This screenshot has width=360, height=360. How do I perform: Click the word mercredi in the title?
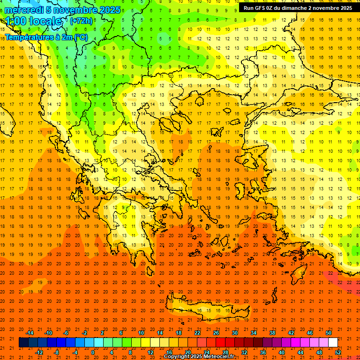[24, 10]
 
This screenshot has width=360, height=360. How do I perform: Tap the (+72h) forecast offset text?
[81, 21]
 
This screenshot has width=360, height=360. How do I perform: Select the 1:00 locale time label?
[34, 21]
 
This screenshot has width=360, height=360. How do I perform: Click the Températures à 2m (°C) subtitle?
[46, 37]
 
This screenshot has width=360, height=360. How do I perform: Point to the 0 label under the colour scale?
[93, 352]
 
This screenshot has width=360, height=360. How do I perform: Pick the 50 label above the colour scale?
[328, 333]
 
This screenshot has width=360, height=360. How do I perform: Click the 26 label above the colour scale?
[216, 333]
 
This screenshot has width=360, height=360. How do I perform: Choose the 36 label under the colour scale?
[263, 352]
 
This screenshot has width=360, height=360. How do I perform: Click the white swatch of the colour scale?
[333, 343]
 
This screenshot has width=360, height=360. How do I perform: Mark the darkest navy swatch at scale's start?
[23, 343]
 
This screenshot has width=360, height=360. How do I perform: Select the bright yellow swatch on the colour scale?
[145, 343]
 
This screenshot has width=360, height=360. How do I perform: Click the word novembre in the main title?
[75, 10]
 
